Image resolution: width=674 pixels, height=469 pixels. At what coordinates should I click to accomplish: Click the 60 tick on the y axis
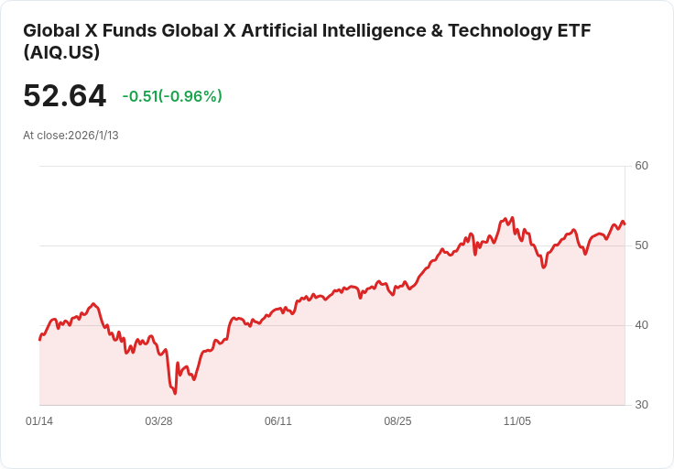click(x=641, y=166)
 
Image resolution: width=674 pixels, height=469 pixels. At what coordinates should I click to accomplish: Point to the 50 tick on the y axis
click(x=641, y=245)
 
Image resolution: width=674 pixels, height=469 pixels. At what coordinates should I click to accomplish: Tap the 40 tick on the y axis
click(x=641, y=325)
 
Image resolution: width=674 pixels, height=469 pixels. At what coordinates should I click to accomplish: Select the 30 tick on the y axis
click(x=641, y=405)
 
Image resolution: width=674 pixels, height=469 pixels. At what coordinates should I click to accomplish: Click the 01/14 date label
click(x=39, y=420)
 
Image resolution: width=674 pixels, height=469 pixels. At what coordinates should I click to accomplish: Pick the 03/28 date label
click(x=158, y=420)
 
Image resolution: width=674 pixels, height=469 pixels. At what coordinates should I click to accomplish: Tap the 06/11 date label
click(x=278, y=420)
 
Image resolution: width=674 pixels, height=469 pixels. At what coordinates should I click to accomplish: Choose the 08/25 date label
click(x=397, y=420)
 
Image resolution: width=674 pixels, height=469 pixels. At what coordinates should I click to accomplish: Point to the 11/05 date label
click(x=517, y=420)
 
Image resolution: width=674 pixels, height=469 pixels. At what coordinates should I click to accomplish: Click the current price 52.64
click(x=64, y=95)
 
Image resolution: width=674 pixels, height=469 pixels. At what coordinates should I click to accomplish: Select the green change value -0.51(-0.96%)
click(x=172, y=96)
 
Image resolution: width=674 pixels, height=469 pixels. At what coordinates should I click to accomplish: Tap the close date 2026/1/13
click(x=93, y=136)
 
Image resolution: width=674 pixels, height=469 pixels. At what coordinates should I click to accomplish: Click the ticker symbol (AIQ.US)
click(x=61, y=52)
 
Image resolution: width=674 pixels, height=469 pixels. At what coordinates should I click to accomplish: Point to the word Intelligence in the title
click(x=374, y=31)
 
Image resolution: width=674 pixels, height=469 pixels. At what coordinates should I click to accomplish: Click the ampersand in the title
click(x=437, y=31)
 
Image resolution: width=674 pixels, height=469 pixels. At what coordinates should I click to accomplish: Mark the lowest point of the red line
click(x=175, y=393)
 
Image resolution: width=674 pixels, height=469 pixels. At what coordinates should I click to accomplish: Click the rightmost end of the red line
click(x=625, y=224)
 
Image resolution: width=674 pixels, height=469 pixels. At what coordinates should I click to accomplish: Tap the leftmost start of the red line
click(x=40, y=340)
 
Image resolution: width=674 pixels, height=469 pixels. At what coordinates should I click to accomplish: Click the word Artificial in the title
click(x=279, y=31)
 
